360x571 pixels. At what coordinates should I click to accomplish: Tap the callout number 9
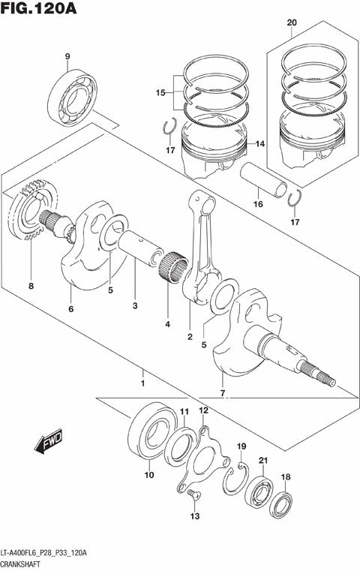(67, 56)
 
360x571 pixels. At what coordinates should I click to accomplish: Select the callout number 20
(292, 23)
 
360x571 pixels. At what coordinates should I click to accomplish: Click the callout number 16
(257, 203)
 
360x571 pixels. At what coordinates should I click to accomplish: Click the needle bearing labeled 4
(174, 266)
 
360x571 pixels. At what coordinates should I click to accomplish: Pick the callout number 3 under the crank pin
(135, 306)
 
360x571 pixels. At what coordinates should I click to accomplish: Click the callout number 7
(223, 392)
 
